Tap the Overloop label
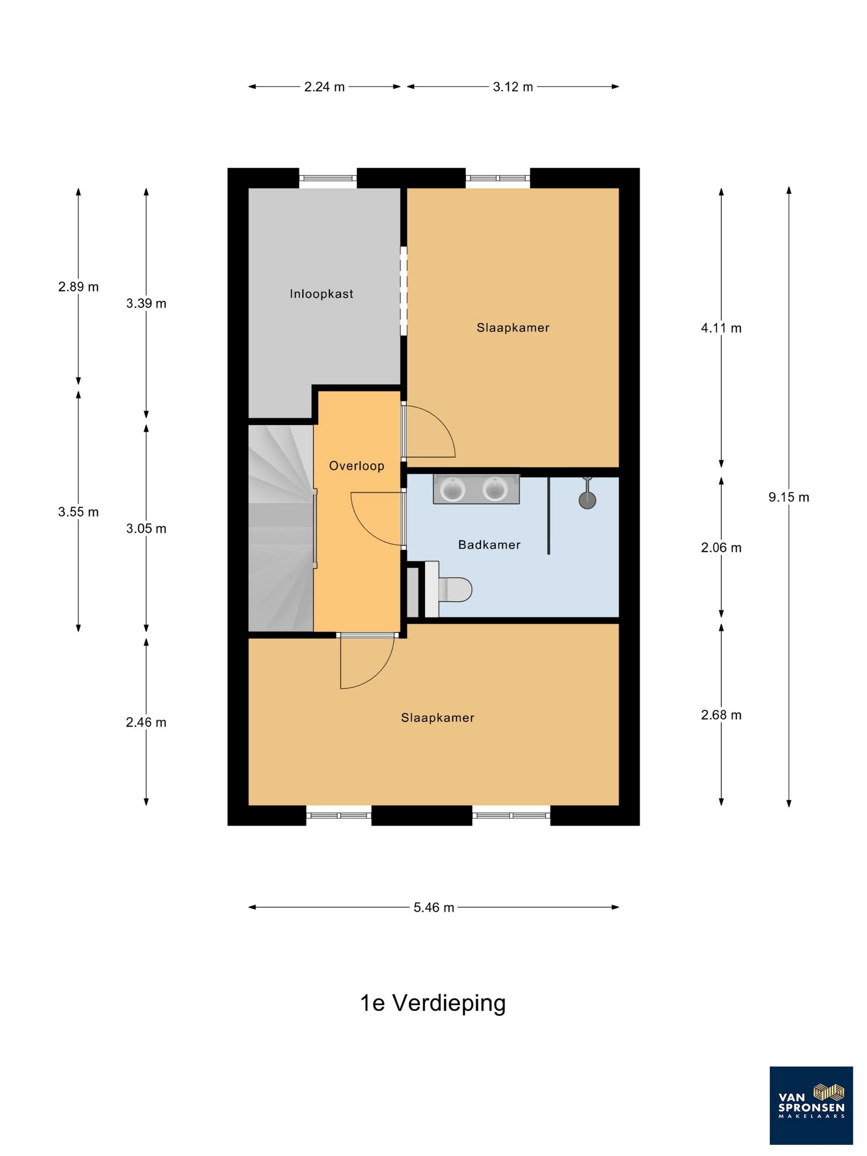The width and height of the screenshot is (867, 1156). [x=356, y=466]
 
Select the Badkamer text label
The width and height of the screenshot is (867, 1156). [x=489, y=545]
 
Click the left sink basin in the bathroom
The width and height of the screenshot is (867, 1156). [x=452, y=490]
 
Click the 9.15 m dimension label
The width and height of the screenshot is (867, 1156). [x=789, y=497]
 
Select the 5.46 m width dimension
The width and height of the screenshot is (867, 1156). [x=434, y=907]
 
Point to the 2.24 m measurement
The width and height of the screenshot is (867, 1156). [x=325, y=87]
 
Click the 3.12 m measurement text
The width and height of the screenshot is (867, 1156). [x=513, y=87]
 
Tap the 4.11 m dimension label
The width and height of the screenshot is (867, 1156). [x=721, y=328]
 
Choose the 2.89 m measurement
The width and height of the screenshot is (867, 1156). [x=78, y=287]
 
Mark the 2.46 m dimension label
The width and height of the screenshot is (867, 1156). [x=146, y=722]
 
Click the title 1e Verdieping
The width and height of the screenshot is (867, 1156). [x=433, y=1003]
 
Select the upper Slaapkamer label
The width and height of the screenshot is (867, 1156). [x=513, y=328]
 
